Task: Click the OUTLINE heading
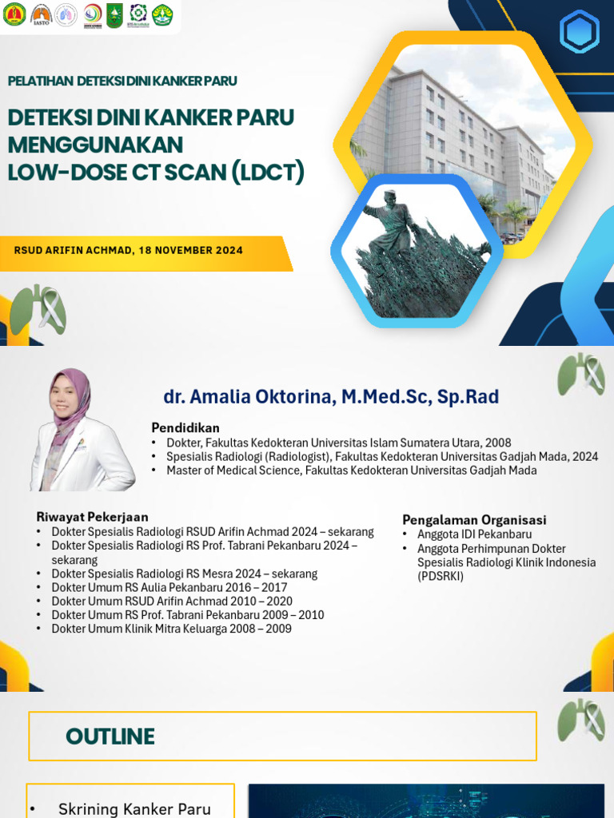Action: pos(110,737)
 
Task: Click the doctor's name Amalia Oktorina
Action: pos(331,397)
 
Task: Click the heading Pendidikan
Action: pos(185,427)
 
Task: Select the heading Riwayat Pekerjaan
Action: pos(92,517)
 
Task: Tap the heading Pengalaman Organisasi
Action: pos(474,519)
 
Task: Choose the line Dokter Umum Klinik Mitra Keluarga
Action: pos(171,629)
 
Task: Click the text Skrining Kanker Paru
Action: pos(134,809)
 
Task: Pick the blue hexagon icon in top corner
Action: pos(579,33)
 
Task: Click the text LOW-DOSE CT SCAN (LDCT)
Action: pos(156,172)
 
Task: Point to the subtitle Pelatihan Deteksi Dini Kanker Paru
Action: pos(122,81)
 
